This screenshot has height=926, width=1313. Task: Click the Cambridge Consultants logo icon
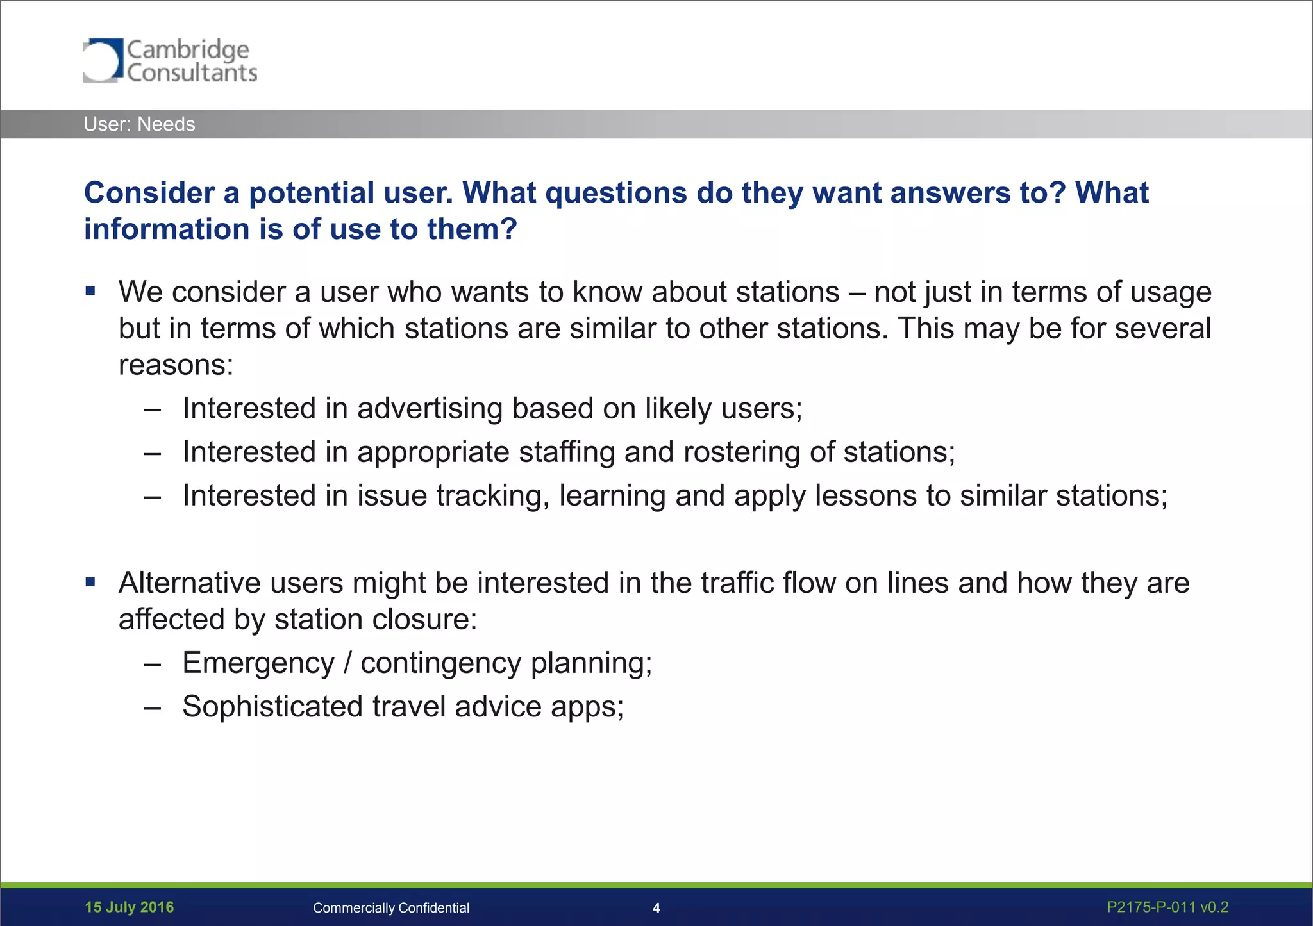[102, 60]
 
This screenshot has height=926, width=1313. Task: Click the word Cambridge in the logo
[188, 49]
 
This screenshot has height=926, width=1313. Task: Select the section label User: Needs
[139, 124]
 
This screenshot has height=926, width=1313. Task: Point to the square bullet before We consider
[90, 292]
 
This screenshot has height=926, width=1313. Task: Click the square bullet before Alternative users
[90, 583]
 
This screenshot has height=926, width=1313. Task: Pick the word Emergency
[258, 663]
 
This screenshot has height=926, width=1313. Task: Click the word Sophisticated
[272, 707]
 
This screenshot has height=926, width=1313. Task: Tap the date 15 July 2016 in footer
[129, 907]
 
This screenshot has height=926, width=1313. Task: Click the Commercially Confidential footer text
[390, 908]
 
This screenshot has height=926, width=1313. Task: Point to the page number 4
[656, 908]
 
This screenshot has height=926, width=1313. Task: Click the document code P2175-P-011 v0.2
[1167, 907]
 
